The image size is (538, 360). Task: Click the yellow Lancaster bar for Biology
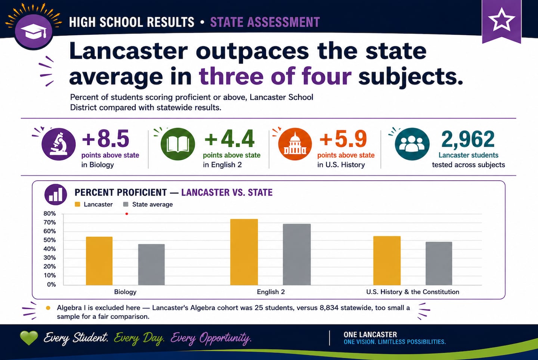[x=99, y=261]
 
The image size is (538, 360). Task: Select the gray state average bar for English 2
[x=297, y=254]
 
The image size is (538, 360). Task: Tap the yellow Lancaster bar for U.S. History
[x=387, y=261]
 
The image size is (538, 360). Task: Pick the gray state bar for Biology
[x=151, y=264]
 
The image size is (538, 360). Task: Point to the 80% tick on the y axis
[x=50, y=214]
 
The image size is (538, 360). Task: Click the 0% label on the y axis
[x=52, y=285]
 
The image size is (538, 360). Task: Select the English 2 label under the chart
[x=270, y=292]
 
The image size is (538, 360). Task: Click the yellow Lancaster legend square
[x=77, y=205]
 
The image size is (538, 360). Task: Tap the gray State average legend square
[x=126, y=205]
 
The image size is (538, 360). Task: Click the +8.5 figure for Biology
[x=106, y=139]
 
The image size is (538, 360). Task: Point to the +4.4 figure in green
[x=230, y=139]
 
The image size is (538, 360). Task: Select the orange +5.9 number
[x=343, y=139]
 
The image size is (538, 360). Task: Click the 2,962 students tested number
[x=468, y=139]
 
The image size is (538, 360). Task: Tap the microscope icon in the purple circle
[x=59, y=144]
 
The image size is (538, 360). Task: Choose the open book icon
[x=178, y=144]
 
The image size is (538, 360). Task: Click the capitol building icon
[x=295, y=144]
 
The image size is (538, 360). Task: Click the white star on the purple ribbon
[x=501, y=20]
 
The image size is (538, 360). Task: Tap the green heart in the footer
[x=29, y=338]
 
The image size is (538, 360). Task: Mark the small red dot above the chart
[x=127, y=214]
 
